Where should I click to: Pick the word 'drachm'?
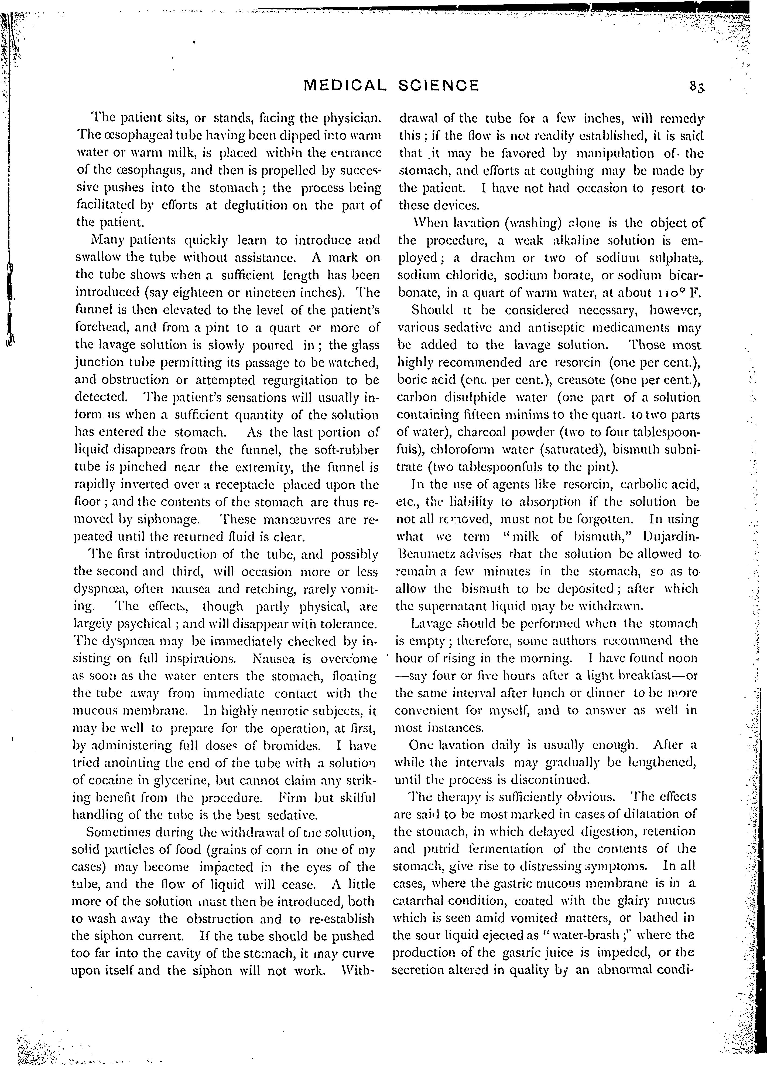click(x=492, y=258)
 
